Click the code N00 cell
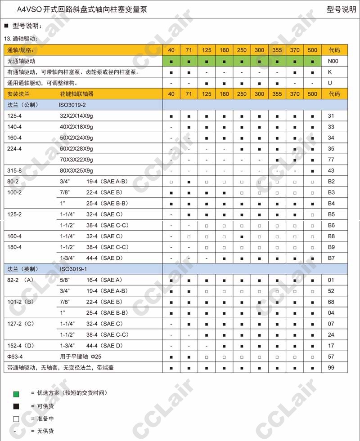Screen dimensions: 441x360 (x=333, y=61)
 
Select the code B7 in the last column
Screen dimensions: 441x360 (x=331, y=258)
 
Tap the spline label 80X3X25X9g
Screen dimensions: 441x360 (x=76, y=170)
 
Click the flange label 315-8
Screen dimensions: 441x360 (x=14, y=170)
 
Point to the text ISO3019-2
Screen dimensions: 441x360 (x=73, y=105)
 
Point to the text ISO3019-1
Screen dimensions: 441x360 (x=73, y=269)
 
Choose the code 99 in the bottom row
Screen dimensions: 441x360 (x=331, y=367)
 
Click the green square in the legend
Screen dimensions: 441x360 (x=16, y=394)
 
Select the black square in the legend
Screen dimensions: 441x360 (x=16, y=406)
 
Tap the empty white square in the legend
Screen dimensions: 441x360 (x=16, y=419)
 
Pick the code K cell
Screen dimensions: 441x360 (x=330, y=72)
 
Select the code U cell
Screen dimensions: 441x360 (x=330, y=83)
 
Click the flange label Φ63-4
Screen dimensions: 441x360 (x=15, y=356)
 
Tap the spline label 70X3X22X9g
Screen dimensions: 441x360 (x=76, y=160)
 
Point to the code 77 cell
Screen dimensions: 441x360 (x=331, y=160)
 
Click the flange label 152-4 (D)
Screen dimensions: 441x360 (x=21, y=346)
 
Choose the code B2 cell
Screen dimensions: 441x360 (x=331, y=182)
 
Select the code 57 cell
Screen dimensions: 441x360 (x=331, y=356)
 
